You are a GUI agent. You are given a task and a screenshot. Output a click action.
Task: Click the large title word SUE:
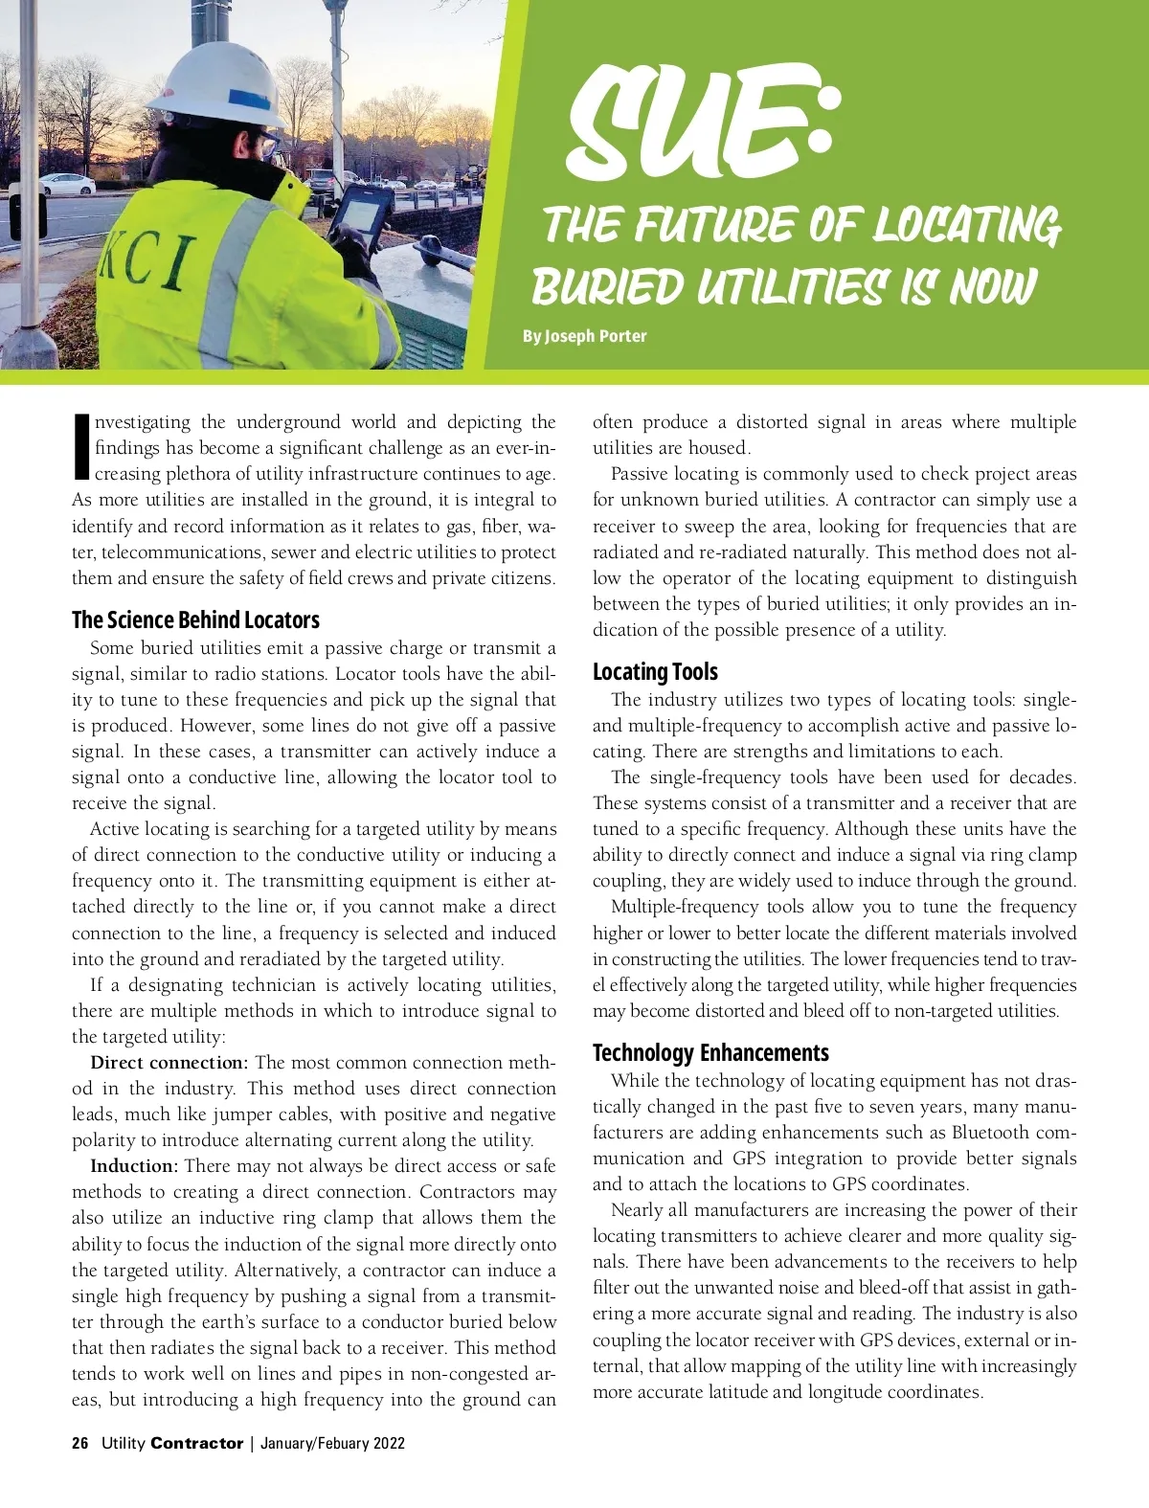coord(704,124)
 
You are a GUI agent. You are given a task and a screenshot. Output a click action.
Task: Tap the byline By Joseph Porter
coord(584,336)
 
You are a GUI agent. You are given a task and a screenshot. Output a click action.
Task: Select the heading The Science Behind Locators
coord(195,619)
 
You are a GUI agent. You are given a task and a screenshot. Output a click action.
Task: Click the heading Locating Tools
coord(655,671)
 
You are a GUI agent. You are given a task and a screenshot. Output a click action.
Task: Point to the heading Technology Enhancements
coord(710,1052)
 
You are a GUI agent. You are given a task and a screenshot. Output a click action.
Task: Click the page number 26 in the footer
coord(80,1443)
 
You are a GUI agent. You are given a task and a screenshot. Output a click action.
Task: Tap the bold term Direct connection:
coord(169,1063)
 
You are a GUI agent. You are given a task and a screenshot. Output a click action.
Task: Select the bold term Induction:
coord(134,1166)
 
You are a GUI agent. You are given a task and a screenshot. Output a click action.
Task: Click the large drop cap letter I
coord(81,446)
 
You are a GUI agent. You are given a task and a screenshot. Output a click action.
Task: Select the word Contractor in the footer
coord(197,1443)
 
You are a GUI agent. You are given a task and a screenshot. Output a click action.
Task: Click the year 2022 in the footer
coord(389,1443)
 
